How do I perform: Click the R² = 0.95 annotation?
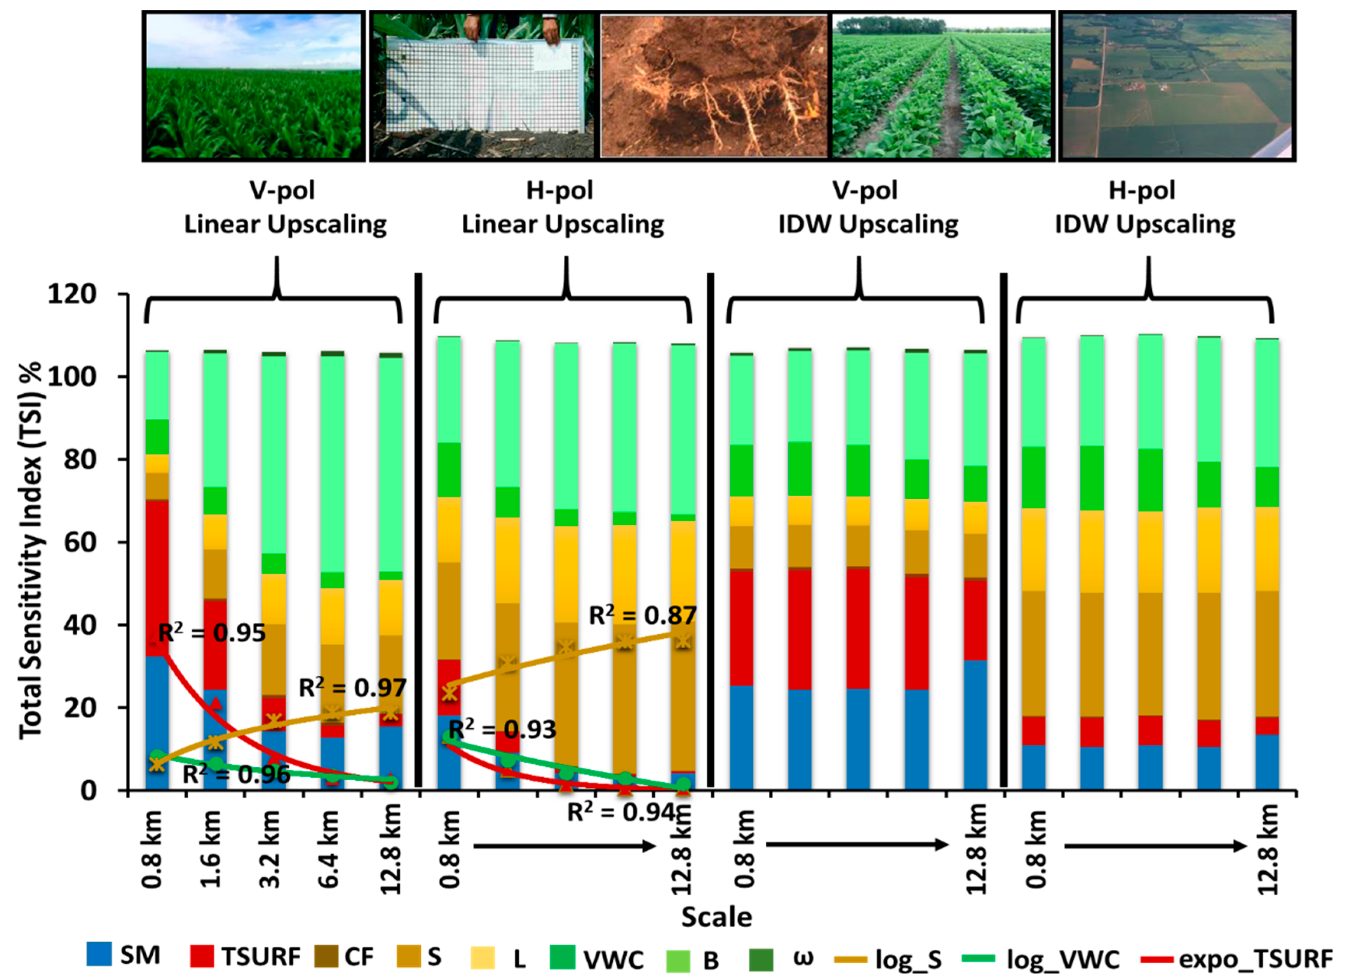pos(212,633)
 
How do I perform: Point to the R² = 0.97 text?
pos(352,688)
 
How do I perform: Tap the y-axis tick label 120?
pos(72,294)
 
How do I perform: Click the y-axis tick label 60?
pos(80,542)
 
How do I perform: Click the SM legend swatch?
pos(99,954)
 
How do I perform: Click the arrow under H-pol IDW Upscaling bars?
pos(1155,846)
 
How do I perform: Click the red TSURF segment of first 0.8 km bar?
pos(157,577)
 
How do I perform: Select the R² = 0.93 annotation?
pos(502,729)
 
